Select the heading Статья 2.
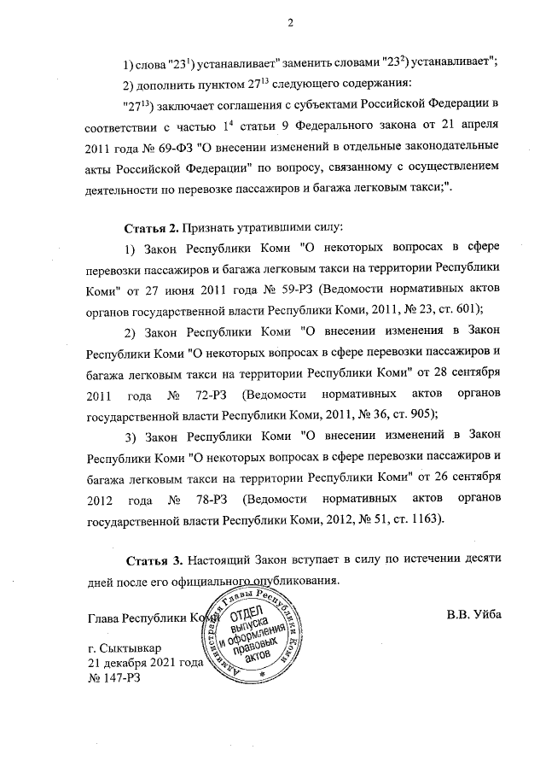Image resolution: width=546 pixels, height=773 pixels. [x=153, y=228]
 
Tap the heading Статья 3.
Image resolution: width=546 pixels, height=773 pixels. [x=154, y=560]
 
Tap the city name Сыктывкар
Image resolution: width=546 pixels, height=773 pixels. [x=129, y=648]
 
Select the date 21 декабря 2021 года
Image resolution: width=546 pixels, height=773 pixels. [x=145, y=664]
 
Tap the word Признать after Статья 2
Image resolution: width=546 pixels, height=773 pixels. [x=216, y=228]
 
